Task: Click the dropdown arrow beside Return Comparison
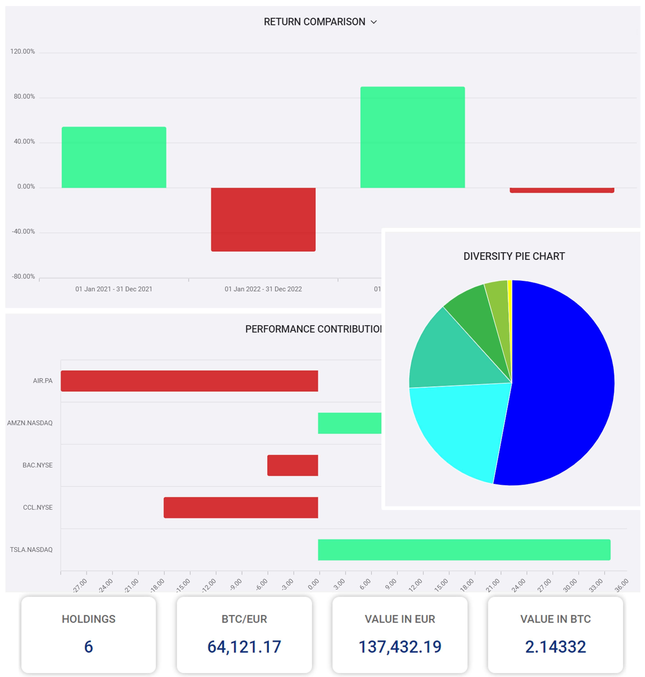tap(374, 22)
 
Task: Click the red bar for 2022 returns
tap(263, 219)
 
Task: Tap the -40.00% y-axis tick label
tap(23, 232)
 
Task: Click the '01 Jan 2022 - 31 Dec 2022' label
tap(263, 289)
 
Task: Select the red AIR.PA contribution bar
tap(189, 381)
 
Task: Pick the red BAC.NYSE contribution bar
tap(293, 465)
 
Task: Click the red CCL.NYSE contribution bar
tap(241, 508)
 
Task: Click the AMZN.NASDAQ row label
tap(30, 423)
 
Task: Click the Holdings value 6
tap(88, 647)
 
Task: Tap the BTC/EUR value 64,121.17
tap(244, 647)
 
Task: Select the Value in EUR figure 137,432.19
tap(400, 647)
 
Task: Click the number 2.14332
tap(555, 647)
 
